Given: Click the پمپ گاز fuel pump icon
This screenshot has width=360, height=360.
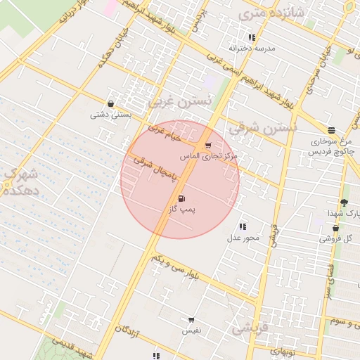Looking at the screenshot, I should click(183, 199).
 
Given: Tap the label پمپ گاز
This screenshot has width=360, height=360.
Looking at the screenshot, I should click(183, 210).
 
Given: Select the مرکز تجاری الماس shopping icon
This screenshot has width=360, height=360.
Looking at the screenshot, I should click(207, 146).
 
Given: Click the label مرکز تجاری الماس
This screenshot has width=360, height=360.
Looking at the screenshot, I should click(209, 155).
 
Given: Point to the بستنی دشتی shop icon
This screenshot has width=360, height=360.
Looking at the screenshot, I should click(111, 104).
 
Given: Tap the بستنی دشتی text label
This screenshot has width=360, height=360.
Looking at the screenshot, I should click(109, 114).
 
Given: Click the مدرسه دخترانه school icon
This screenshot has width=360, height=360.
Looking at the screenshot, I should click(252, 37).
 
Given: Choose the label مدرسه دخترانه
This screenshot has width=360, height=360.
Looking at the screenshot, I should click(252, 48).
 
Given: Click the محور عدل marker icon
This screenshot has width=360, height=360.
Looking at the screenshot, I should click(243, 226).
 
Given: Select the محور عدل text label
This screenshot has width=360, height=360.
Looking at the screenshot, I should click(243, 237).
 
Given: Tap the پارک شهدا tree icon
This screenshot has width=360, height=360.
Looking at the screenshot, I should click(344, 202).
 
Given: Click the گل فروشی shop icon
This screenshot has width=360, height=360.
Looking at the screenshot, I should click(335, 229).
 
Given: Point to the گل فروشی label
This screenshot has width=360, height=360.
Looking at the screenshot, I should click(337, 238).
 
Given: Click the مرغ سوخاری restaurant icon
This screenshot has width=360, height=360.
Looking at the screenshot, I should click(331, 130).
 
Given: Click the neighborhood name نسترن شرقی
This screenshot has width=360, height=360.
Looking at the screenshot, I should click(263, 127).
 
